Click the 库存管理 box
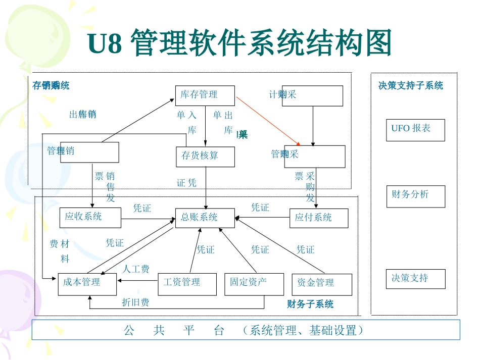[205, 95]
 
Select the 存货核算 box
[205, 156]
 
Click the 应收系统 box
[90, 217]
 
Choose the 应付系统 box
[319, 218]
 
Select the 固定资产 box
[254, 283]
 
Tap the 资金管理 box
[321, 284]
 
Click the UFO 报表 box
[415, 129]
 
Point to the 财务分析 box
[415, 196]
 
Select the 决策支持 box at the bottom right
[415, 279]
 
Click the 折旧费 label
[135, 302]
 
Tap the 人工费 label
[136, 269]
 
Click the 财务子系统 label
[310, 304]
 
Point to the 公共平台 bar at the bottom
[246, 330]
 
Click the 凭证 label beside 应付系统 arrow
[260, 208]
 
